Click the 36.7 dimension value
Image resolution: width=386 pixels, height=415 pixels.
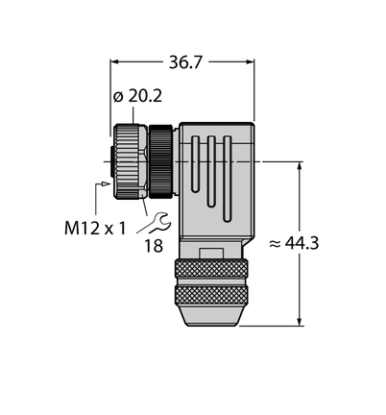(185, 62)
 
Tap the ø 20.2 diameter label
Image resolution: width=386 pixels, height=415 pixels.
(138, 96)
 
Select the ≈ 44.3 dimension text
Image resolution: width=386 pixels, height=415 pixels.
(294, 243)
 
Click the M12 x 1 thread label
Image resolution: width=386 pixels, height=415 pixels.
(95, 229)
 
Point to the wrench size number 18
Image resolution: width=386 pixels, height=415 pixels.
(154, 246)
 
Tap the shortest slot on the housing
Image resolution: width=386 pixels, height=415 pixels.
(195, 164)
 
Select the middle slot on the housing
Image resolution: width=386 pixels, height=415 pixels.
(211, 171)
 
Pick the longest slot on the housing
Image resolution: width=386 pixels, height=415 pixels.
(227, 179)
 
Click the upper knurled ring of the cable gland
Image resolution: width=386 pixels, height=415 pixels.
(211, 269)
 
